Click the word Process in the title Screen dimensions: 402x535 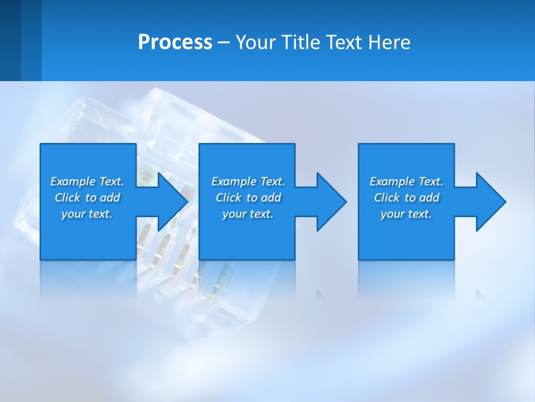click(x=175, y=42)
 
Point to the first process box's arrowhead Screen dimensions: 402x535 click(x=172, y=202)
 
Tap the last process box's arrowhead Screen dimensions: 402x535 click(x=490, y=202)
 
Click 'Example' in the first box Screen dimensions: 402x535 click(x=73, y=181)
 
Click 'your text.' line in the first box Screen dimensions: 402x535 click(x=87, y=214)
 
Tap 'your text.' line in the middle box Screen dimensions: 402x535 click(x=248, y=214)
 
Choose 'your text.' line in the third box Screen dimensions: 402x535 click(x=406, y=214)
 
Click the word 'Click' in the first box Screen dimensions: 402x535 click(x=67, y=198)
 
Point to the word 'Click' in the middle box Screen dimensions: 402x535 click(x=228, y=198)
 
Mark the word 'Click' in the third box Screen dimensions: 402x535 click(x=387, y=198)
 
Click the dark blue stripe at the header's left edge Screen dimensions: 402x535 click(x=10, y=40)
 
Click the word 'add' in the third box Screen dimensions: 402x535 click(x=429, y=198)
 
